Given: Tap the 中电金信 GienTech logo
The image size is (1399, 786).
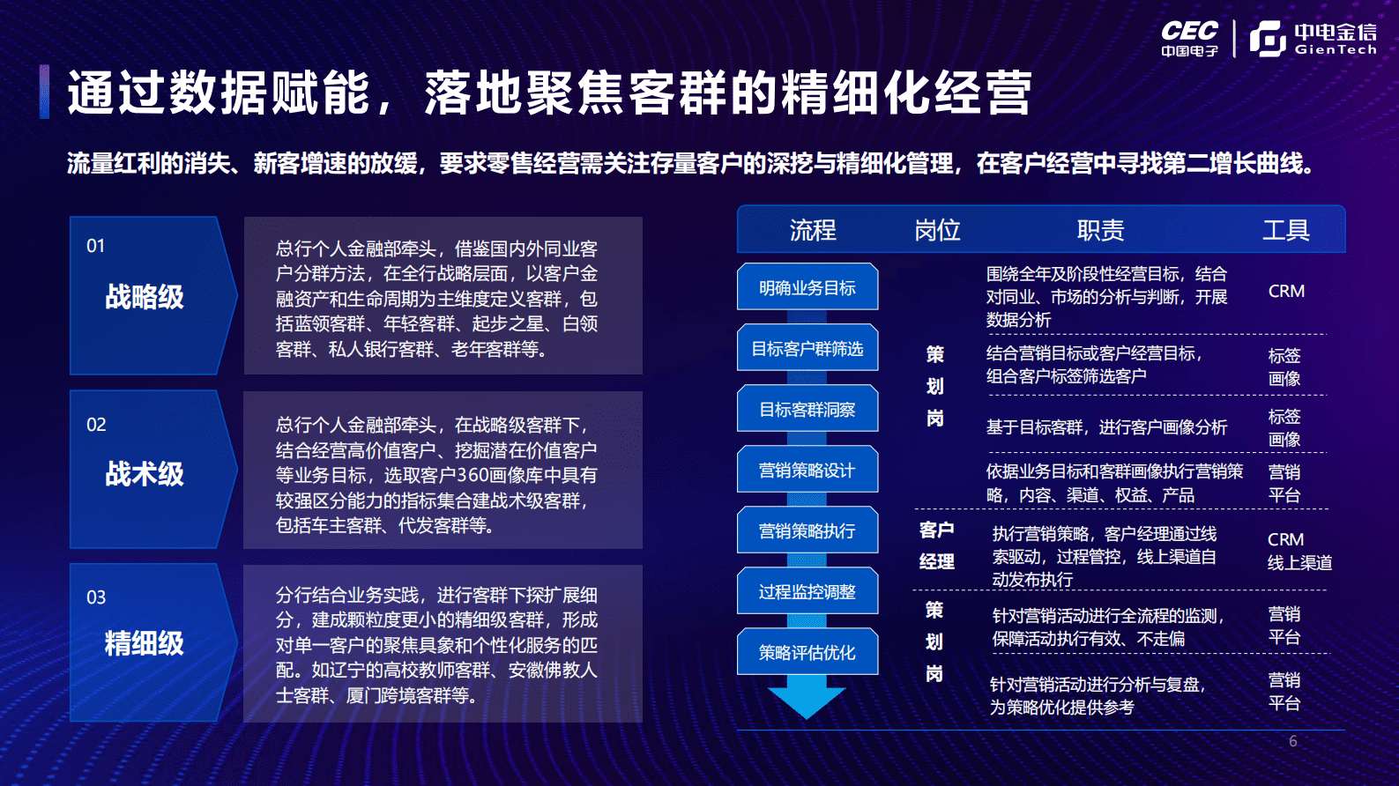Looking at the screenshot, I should [1313, 39].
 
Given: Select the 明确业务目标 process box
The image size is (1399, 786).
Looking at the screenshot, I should [807, 288].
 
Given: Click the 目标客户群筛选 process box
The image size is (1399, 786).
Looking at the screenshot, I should [807, 349].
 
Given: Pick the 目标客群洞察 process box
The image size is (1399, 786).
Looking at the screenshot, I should [807, 410].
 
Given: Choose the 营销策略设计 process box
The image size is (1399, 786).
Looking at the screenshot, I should [807, 471].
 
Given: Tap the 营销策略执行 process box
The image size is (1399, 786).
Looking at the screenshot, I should [807, 531].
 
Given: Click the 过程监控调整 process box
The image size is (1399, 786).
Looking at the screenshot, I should [807, 592].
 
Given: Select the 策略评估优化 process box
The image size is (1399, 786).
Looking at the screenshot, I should [807, 653].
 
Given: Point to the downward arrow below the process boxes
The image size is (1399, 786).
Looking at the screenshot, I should [807, 700].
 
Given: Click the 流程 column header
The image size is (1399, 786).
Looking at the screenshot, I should [812, 231].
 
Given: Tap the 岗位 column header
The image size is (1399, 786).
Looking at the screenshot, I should [937, 231].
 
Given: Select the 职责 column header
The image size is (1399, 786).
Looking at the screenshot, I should [1100, 231].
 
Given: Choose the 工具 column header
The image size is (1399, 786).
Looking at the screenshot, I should [1285, 231].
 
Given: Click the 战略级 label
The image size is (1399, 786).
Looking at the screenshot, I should [145, 297].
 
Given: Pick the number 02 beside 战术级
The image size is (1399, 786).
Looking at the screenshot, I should [96, 425].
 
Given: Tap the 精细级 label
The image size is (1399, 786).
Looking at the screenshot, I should [145, 643].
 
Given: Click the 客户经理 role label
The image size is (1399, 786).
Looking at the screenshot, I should [936, 545].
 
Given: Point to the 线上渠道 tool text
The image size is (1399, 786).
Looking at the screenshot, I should [1299, 563].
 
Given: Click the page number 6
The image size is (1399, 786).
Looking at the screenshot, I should [1292, 741].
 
